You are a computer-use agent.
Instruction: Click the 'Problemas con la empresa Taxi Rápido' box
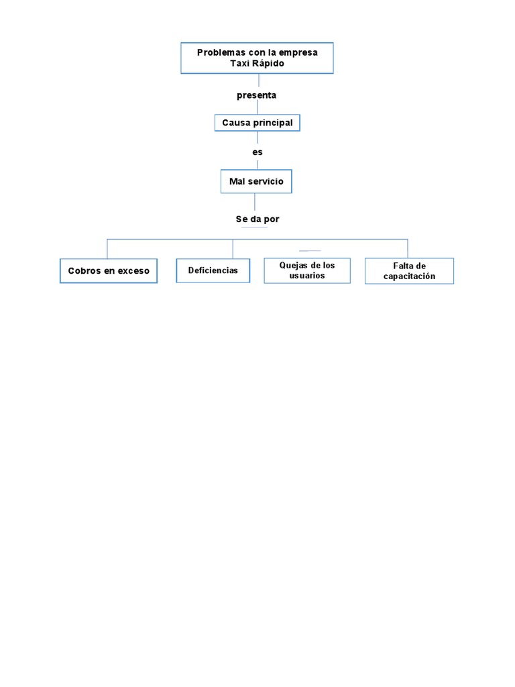pos(257,58)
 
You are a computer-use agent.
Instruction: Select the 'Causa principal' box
pos(257,123)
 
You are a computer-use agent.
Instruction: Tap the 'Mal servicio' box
pos(256,181)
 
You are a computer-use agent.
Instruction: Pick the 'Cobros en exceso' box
pos(109,271)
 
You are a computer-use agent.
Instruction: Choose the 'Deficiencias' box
pos(213,270)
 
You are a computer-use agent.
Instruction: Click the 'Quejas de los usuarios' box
pos(307,270)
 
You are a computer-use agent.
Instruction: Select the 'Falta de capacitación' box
pos(409,271)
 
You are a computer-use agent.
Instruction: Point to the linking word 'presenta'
pos(256,95)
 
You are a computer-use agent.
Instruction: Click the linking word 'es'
pos(257,152)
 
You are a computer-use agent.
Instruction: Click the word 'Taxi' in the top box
pos(239,63)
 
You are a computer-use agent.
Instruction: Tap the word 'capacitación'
pos(409,276)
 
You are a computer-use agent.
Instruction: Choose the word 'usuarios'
pos(307,276)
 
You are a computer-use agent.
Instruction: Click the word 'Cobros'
pos(83,271)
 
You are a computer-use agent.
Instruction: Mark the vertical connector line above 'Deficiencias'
pos(233,249)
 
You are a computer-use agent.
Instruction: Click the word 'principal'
pos(273,123)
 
